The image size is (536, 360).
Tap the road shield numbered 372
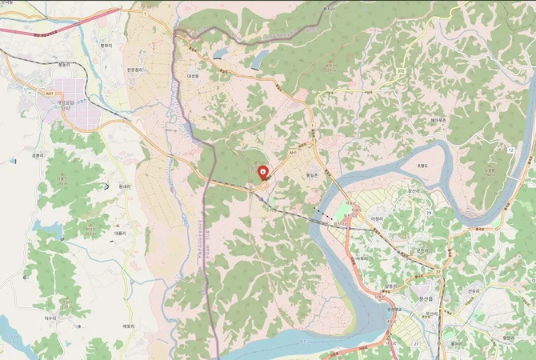pyautogui.click(x=400, y=72)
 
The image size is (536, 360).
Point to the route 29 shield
pyautogui.click(x=429, y=211)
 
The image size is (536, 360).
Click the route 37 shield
pyautogui.click(x=438, y=272)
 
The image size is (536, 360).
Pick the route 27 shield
pyautogui.click(x=416, y=344)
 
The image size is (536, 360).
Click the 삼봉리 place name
pyautogui.click(x=36, y=155)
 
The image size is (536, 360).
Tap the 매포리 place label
pyautogui.click(x=126, y=326)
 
